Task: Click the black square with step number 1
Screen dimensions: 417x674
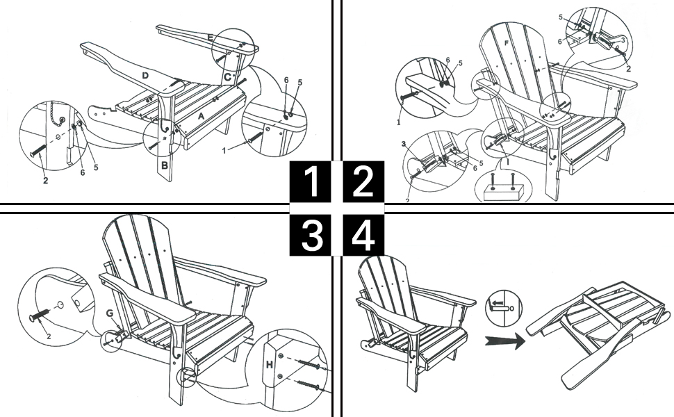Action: (x=313, y=181)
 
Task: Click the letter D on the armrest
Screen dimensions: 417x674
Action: (x=145, y=74)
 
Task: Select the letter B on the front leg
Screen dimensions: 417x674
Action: (x=165, y=165)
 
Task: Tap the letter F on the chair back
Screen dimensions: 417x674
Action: (x=505, y=42)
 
